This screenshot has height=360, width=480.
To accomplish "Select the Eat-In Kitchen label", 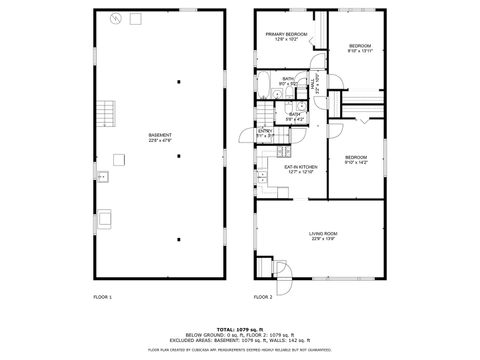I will [301, 169].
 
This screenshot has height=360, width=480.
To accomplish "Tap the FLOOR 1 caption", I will [103, 297].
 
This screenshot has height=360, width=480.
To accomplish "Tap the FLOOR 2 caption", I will [263, 297].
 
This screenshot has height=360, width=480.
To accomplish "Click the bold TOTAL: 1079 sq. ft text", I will [240, 327].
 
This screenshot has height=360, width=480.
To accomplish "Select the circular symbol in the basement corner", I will [116, 18].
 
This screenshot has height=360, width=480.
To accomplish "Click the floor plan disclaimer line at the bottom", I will [240, 349].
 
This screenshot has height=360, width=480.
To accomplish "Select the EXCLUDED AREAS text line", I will [240, 339].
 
